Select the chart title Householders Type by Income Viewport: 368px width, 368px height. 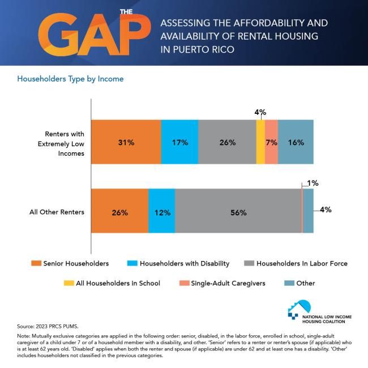pyautogui.click(x=71, y=79)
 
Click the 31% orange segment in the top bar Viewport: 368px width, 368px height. pyautogui.click(x=126, y=142)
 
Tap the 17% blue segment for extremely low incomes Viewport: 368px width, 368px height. pyautogui.click(x=179, y=142)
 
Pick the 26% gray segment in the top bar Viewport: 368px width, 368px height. pyautogui.click(x=227, y=142)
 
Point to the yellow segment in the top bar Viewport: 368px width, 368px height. pyautogui.click(x=260, y=142)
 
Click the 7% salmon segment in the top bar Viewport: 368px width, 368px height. pyautogui.click(x=271, y=142)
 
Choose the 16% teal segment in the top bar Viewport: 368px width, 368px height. pyautogui.click(x=296, y=142)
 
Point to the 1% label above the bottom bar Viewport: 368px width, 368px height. pyautogui.click(x=313, y=183)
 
